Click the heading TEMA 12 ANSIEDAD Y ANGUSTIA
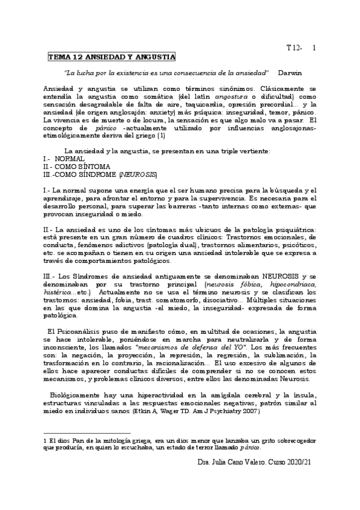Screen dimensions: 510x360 coord(112,57)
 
